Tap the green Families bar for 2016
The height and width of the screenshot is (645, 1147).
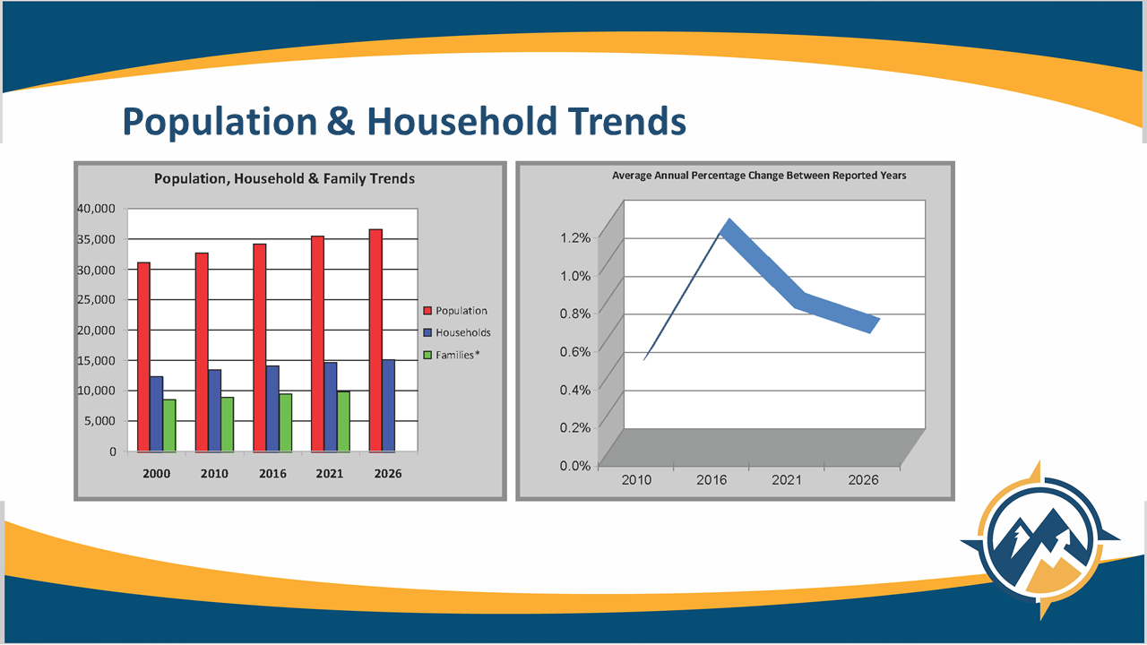[285, 422]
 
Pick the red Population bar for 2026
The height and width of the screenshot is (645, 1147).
[375, 340]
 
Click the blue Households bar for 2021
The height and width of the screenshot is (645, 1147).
[331, 407]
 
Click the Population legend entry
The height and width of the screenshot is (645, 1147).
[461, 311]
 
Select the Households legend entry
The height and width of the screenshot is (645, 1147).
[462, 332]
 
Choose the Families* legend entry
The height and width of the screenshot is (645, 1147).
[457, 355]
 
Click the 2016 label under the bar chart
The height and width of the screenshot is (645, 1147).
[272, 473]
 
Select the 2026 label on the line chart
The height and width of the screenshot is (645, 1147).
[863, 480]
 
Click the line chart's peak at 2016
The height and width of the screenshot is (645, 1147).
[729, 225]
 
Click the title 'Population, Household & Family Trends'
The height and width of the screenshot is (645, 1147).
[284, 178]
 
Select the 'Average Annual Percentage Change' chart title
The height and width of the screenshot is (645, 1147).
[759, 176]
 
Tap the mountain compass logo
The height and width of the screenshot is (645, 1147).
[1039, 541]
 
